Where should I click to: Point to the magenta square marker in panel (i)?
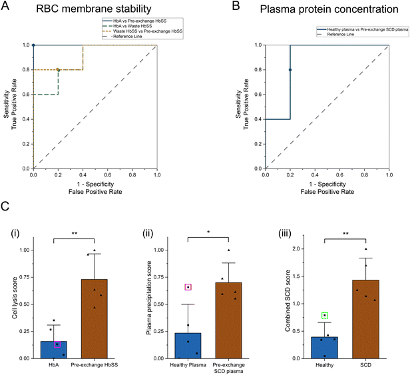[x=57, y=344]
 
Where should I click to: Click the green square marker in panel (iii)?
[x=324, y=316]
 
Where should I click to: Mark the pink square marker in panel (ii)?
[x=188, y=287]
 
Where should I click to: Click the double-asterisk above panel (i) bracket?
[x=76, y=234]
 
